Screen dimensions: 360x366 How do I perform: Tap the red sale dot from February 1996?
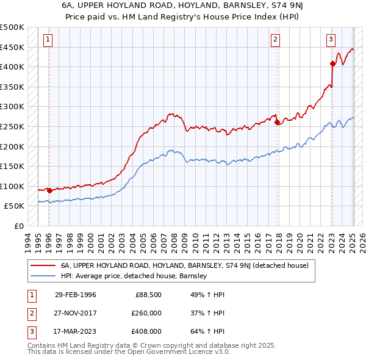click(x=49, y=190)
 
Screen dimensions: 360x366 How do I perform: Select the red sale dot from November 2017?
click(x=278, y=122)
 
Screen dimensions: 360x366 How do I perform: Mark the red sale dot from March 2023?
click(x=332, y=63)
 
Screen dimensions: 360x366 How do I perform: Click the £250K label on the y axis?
click(x=12, y=126)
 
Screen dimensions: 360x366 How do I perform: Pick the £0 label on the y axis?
click(x=18, y=226)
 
